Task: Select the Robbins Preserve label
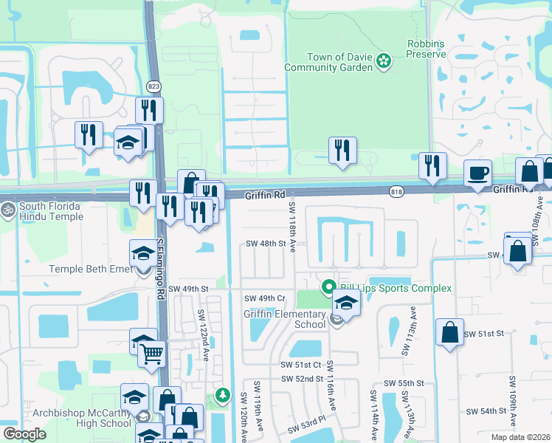click(x=427, y=49)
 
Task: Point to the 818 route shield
click(x=396, y=190)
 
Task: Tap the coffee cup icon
click(x=477, y=174)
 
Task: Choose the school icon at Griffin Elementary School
click(x=345, y=303)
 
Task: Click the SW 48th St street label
click(x=265, y=244)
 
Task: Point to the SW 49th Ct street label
click(x=265, y=298)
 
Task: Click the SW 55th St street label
click(x=404, y=384)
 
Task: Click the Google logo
click(x=24, y=434)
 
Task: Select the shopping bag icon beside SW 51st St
click(x=449, y=332)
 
